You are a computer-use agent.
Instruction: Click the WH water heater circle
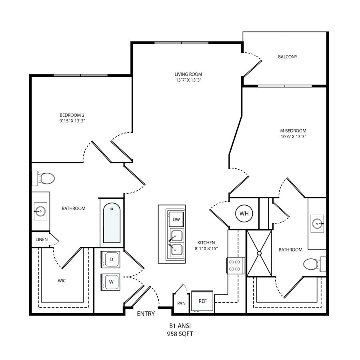244,214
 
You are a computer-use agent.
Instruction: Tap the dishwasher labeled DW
176,220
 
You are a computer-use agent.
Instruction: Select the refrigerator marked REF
202,301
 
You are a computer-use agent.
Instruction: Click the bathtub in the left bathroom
112,223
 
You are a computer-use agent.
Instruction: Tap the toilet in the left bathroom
43,178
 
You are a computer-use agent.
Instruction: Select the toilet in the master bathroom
314,264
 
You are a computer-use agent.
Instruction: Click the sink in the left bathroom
40,211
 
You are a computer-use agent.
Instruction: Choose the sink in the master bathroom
317,223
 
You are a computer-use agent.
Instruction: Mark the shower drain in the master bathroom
259,253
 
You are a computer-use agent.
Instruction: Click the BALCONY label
288,57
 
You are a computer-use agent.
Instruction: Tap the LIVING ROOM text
188,74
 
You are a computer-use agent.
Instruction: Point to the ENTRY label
146,314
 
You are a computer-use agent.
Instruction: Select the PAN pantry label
181,303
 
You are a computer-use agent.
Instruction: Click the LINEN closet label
42,240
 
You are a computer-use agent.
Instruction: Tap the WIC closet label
62,280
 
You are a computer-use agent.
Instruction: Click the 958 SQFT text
180,334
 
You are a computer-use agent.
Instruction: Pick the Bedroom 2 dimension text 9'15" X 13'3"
72,121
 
